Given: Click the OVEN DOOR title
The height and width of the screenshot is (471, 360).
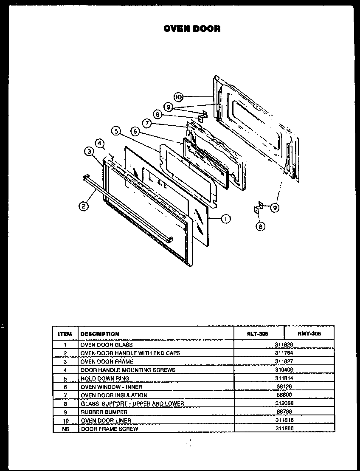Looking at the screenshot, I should (x=192, y=29).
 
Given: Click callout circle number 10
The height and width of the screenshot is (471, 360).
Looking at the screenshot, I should (x=178, y=97).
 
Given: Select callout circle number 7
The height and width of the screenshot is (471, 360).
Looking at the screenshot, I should (x=146, y=123).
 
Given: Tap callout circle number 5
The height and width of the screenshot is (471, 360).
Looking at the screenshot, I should (x=115, y=131).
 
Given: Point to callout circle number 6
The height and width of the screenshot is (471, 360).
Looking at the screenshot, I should (x=135, y=132).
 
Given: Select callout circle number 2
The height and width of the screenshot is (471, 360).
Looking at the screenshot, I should (x=83, y=206).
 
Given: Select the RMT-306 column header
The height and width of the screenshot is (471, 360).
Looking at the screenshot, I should (x=309, y=334).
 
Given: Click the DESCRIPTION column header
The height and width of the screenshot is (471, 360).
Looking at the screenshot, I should (x=100, y=334).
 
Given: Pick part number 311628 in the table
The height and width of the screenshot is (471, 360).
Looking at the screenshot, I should (x=284, y=344).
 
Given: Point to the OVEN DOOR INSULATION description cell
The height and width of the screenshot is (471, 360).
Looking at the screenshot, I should (x=114, y=395).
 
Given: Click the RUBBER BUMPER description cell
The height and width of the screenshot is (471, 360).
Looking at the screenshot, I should (x=104, y=412).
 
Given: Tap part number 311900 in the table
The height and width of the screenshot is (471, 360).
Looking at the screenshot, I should (x=284, y=429).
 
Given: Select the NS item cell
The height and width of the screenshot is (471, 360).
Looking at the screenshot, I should (x=65, y=429).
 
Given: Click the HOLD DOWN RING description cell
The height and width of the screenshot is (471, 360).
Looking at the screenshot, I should (x=105, y=378).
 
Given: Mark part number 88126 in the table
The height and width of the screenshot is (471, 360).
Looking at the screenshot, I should (x=284, y=386).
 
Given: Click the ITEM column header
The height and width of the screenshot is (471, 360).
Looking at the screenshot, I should (x=65, y=334).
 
